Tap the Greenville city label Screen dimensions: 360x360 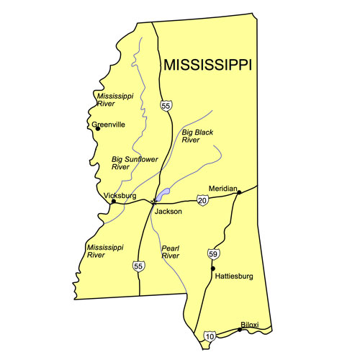tap(109, 125)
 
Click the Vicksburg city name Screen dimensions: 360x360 tap(120, 195)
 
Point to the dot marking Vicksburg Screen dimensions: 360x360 tap(113, 202)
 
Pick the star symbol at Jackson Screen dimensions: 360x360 tap(154, 202)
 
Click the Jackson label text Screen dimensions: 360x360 tap(167, 212)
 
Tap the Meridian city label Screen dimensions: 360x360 tap(222, 189)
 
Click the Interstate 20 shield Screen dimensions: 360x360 tap(202, 199)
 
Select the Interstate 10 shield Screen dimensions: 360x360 tap(210, 336)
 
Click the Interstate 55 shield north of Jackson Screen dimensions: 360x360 tap(166, 107)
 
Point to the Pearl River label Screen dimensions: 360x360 tap(170, 251)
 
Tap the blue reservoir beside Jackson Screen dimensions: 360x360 tap(163, 194)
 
